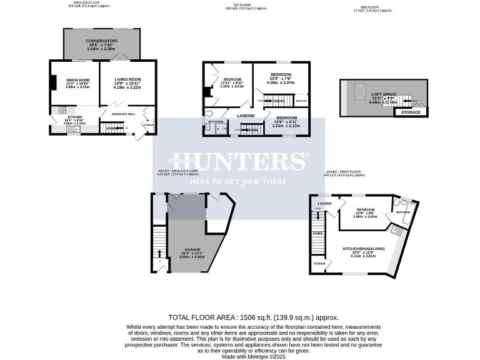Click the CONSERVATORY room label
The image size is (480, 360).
[101, 41]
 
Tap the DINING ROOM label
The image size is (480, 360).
[78, 80]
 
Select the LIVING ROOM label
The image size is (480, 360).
[127, 79]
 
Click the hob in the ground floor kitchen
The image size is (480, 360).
[62, 111]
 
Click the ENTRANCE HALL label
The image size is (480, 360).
[123, 114]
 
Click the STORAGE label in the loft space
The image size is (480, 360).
[411, 112]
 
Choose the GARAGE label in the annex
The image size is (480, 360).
[192, 249]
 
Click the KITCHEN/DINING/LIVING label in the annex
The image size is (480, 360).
[364, 249]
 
